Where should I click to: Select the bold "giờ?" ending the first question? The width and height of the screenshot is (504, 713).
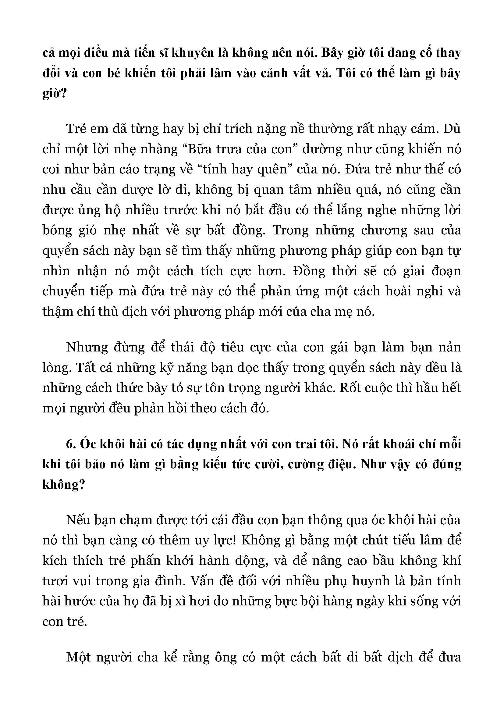coord(55,94)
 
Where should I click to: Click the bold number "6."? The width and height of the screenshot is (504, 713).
coord(71,444)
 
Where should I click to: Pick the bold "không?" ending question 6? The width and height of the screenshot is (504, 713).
coord(64,484)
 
